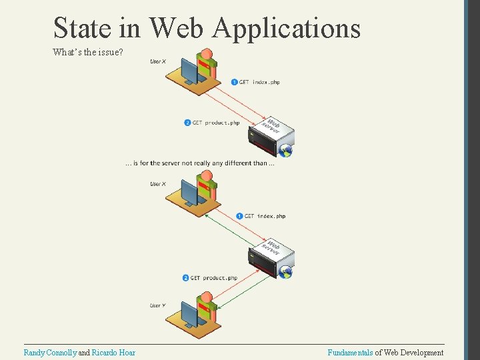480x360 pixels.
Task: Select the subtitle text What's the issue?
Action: click(87, 51)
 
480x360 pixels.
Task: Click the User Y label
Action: click(158, 305)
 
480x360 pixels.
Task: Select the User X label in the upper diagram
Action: click(158, 61)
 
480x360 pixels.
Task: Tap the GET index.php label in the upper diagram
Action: click(259, 82)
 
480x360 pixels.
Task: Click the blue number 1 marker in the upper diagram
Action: click(234, 82)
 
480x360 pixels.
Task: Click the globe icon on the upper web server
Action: click(287, 151)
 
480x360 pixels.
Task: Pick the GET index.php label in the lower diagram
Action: click(265, 216)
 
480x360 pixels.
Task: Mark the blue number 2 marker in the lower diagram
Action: click(186, 278)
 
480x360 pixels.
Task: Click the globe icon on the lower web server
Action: click(287, 272)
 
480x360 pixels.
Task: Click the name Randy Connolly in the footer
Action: click(50, 353)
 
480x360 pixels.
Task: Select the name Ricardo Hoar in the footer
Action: click(113, 353)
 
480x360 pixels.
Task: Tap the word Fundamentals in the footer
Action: click(350, 353)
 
